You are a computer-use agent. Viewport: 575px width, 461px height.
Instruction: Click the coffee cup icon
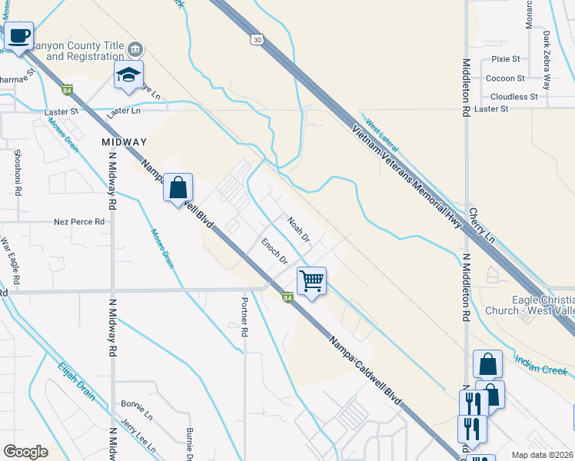click(x=18, y=35)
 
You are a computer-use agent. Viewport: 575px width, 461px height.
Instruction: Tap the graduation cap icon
click(x=129, y=74)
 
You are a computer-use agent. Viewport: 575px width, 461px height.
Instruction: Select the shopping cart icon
click(x=311, y=280)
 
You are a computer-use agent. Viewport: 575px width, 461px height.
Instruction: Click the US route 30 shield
click(x=256, y=38)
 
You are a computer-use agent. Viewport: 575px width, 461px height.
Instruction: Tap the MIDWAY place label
click(x=124, y=142)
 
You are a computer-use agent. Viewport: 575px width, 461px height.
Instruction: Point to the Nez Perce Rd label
click(x=78, y=222)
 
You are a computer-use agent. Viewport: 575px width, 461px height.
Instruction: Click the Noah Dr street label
click(x=297, y=230)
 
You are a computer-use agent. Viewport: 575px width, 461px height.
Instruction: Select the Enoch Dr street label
click(x=274, y=250)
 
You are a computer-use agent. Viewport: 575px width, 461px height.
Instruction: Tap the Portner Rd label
click(x=244, y=318)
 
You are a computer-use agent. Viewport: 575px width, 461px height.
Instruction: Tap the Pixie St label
click(x=505, y=58)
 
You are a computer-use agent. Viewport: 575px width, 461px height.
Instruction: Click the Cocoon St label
click(x=505, y=78)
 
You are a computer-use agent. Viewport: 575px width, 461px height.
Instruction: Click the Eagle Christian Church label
click(x=530, y=306)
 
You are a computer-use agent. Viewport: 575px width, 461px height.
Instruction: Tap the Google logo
click(x=25, y=451)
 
